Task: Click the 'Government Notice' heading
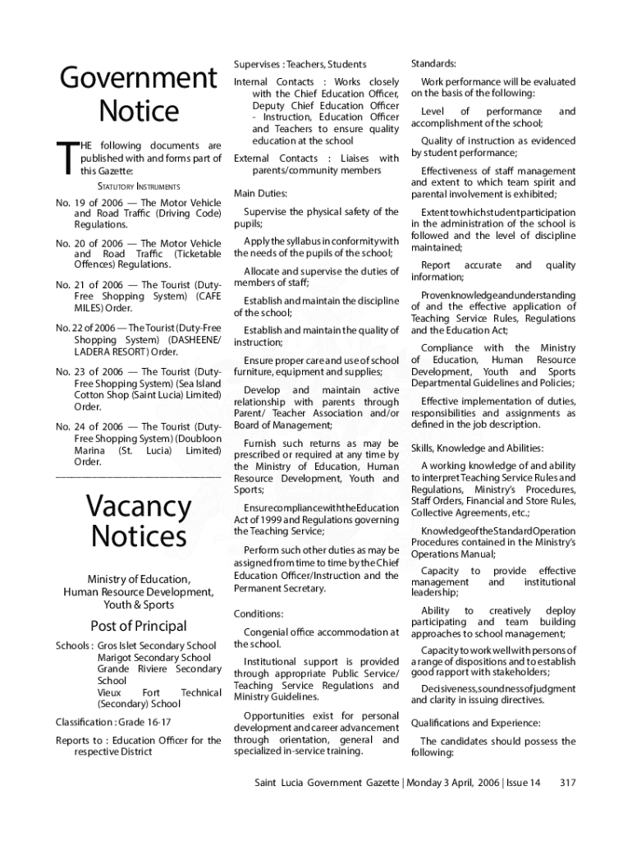[138, 94]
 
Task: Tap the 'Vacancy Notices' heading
[138, 520]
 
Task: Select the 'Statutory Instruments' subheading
[138, 186]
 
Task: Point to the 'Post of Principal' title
[138, 626]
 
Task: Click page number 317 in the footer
[566, 783]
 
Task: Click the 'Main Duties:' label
[260, 194]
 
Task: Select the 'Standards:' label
[433, 64]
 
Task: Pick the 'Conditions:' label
[259, 614]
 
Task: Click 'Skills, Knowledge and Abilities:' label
[477, 448]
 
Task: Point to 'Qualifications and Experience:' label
[465, 724]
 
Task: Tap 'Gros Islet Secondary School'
[157, 646]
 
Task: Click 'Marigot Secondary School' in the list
[153, 658]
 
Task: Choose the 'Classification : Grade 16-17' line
[112, 722]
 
